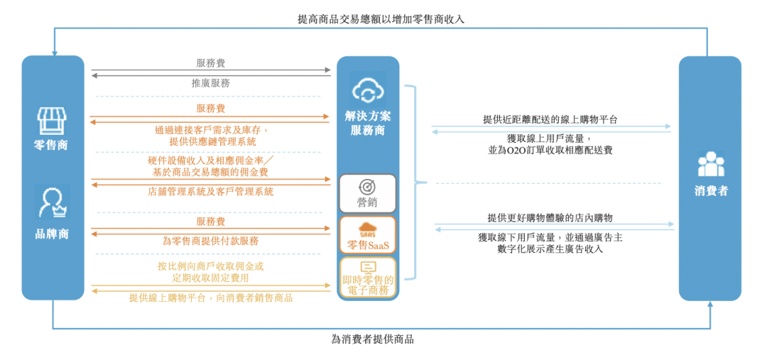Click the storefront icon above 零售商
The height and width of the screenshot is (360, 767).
click(52, 121)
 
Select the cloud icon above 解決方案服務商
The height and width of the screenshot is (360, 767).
click(367, 90)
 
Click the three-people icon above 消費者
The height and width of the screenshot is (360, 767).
click(710, 165)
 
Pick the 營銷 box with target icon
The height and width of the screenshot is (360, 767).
click(367, 193)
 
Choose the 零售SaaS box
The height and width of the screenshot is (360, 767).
click(367, 235)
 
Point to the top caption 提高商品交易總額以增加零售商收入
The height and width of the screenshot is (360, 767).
click(381, 19)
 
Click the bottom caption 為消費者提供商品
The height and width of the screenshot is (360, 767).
click(372, 339)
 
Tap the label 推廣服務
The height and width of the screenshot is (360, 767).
click(211, 83)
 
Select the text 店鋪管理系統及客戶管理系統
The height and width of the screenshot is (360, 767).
click(211, 192)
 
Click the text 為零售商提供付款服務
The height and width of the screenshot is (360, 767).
click(211, 241)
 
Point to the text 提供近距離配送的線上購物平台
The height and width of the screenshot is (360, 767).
click(550, 119)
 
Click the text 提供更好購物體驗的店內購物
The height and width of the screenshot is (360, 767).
click(550, 217)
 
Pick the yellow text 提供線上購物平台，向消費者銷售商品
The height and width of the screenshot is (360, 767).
click(211, 298)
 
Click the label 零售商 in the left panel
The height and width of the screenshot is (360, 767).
click(52, 146)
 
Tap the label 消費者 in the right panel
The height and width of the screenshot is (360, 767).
click(710, 190)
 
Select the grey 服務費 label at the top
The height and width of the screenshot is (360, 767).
click(211, 63)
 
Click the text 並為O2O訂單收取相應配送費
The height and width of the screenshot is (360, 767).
click(550, 150)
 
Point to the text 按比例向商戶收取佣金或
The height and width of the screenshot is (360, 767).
click(211, 266)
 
